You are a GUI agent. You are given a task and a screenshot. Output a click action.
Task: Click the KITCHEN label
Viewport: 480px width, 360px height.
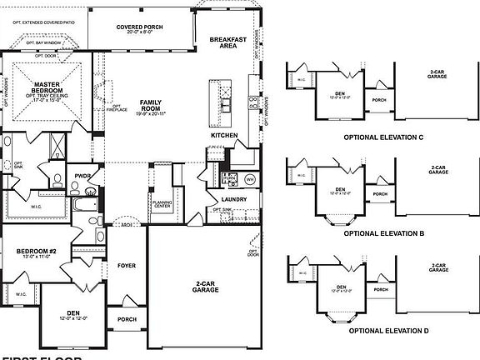tap(223, 135)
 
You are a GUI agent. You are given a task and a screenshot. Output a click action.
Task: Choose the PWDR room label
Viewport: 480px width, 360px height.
tap(82, 176)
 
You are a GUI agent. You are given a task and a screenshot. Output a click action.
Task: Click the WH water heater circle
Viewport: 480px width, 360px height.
tap(249, 179)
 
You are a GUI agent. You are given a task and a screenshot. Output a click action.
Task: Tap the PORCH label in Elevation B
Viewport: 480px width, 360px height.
tap(379, 194)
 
